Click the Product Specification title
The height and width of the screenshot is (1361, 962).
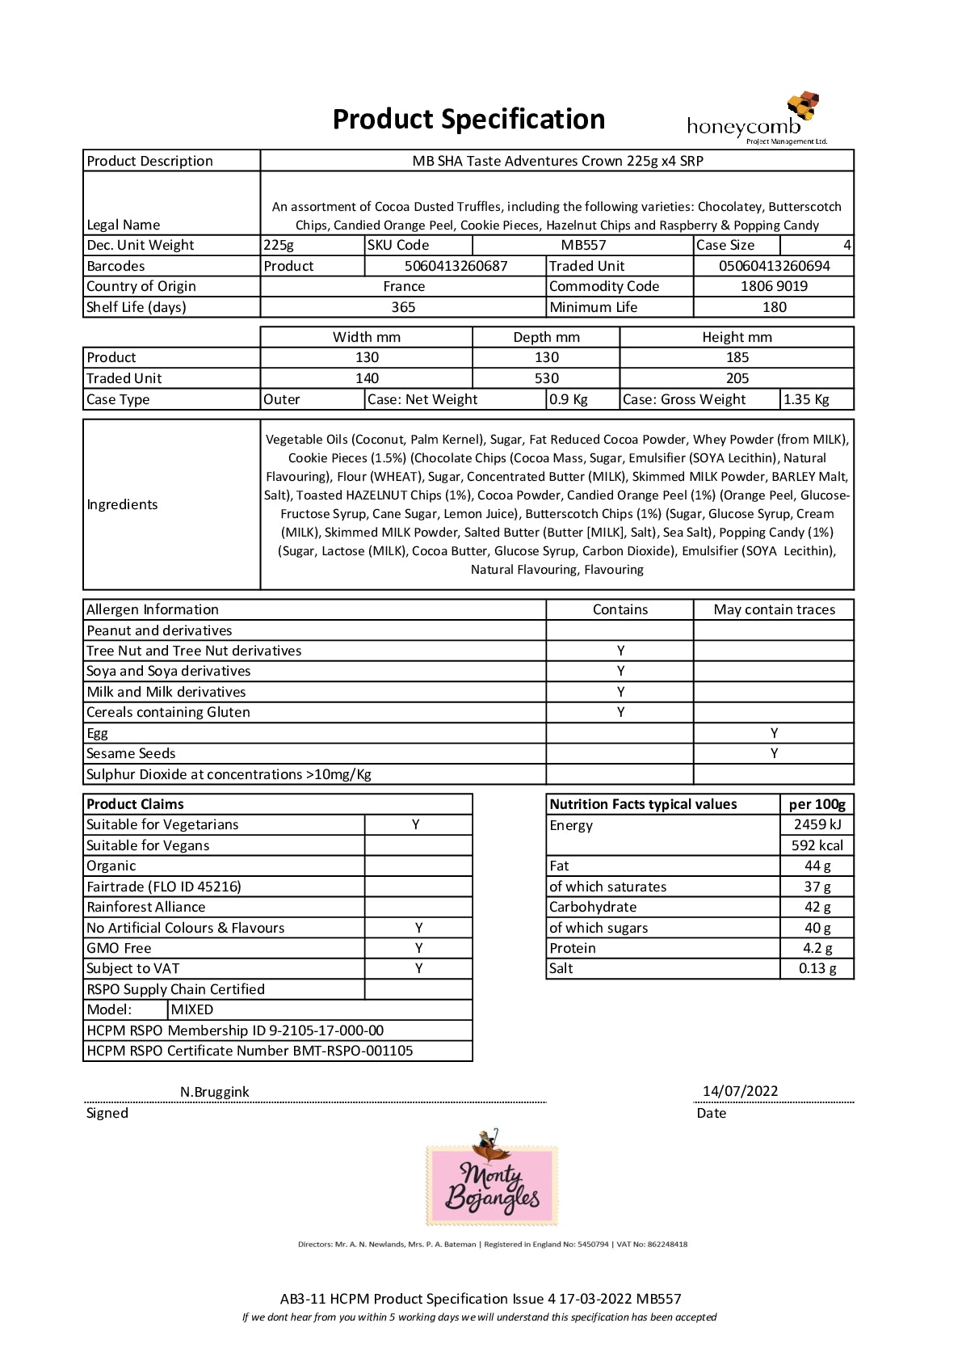(x=468, y=120)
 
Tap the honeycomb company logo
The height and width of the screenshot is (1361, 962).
(x=756, y=120)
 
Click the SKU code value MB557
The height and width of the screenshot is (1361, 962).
(x=583, y=245)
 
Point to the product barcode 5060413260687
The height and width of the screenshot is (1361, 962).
(x=456, y=266)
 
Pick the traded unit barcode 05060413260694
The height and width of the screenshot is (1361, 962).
(x=774, y=266)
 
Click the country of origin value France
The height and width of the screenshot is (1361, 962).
(x=404, y=286)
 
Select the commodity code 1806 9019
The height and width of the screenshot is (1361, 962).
(x=774, y=286)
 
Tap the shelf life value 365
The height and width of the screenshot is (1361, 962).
(x=403, y=307)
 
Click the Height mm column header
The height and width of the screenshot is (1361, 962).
(x=737, y=337)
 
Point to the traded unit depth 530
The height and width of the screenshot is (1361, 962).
(x=546, y=378)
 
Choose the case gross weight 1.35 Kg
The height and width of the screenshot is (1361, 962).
(x=806, y=399)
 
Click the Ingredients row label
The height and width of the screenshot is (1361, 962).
(x=123, y=504)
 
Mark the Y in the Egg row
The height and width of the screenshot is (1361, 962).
(x=774, y=733)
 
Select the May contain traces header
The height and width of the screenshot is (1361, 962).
(x=774, y=609)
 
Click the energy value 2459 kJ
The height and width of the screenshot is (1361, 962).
(x=817, y=824)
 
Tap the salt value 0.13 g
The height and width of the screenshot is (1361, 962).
(x=817, y=968)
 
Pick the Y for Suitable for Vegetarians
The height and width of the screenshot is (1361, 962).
(x=416, y=824)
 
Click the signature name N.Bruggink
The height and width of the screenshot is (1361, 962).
(x=214, y=1092)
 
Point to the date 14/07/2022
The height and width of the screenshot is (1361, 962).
(x=740, y=1091)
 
